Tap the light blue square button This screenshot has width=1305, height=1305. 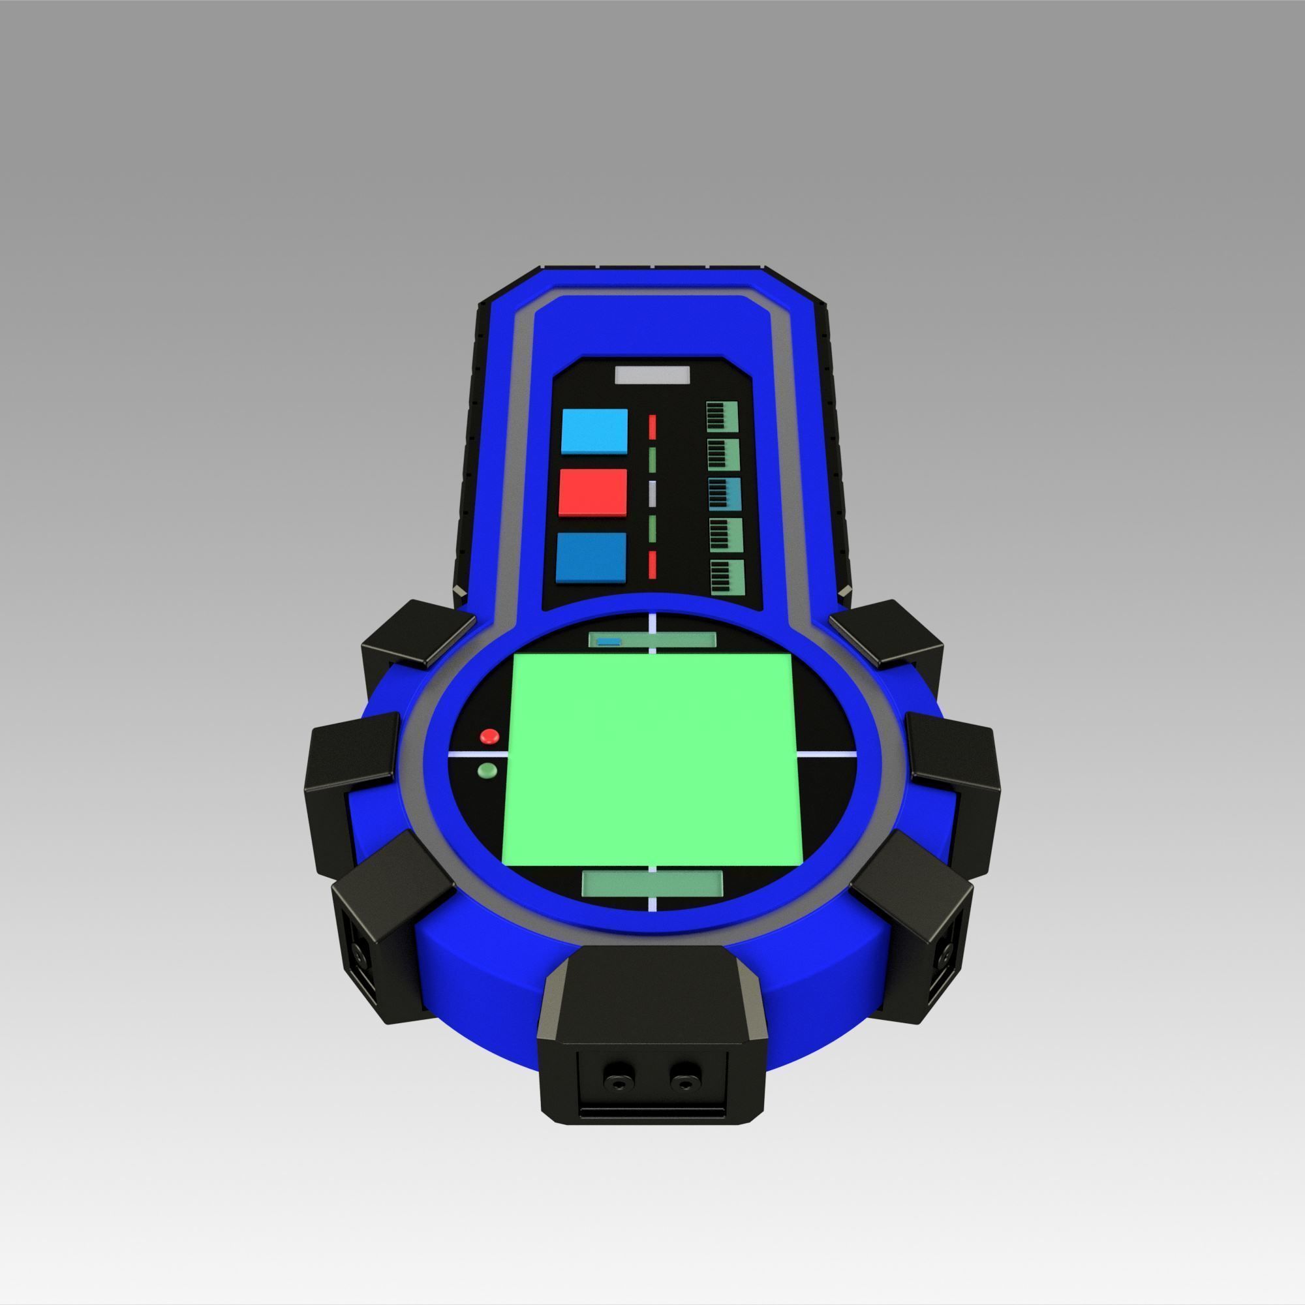tap(594, 431)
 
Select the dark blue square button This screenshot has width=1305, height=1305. tap(591, 557)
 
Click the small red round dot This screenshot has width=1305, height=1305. tap(489, 735)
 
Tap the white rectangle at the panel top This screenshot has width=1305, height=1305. tap(652, 376)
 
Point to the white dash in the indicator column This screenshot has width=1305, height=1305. tap(652, 495)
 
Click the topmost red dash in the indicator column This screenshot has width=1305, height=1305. tap(652, 427)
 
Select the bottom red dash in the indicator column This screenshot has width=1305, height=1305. tap(652, 563)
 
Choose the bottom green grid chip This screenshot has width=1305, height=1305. tap(727, 576)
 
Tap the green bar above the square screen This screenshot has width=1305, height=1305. tap(652, 639)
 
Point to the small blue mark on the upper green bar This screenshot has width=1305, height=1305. tap(610, 641)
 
